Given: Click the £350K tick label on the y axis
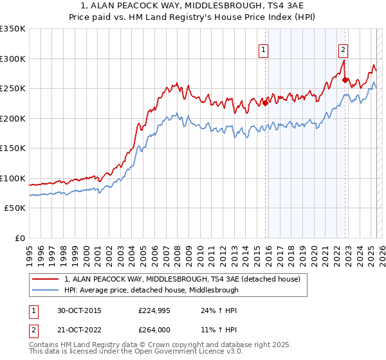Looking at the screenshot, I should pyautogui.click(x=12, y=29).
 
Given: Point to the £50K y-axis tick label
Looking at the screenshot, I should pyautogui.click(x=15, y=208).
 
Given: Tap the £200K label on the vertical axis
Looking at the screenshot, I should pyautogui.click(x=12, y=118).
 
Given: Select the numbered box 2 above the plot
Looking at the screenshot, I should pyautogui.click(x=344, y=49).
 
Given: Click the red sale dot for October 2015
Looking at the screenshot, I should pyautogui.click(x=265, y=103).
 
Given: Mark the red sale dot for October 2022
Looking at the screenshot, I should pyautogui.click(x=345, y=80).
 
